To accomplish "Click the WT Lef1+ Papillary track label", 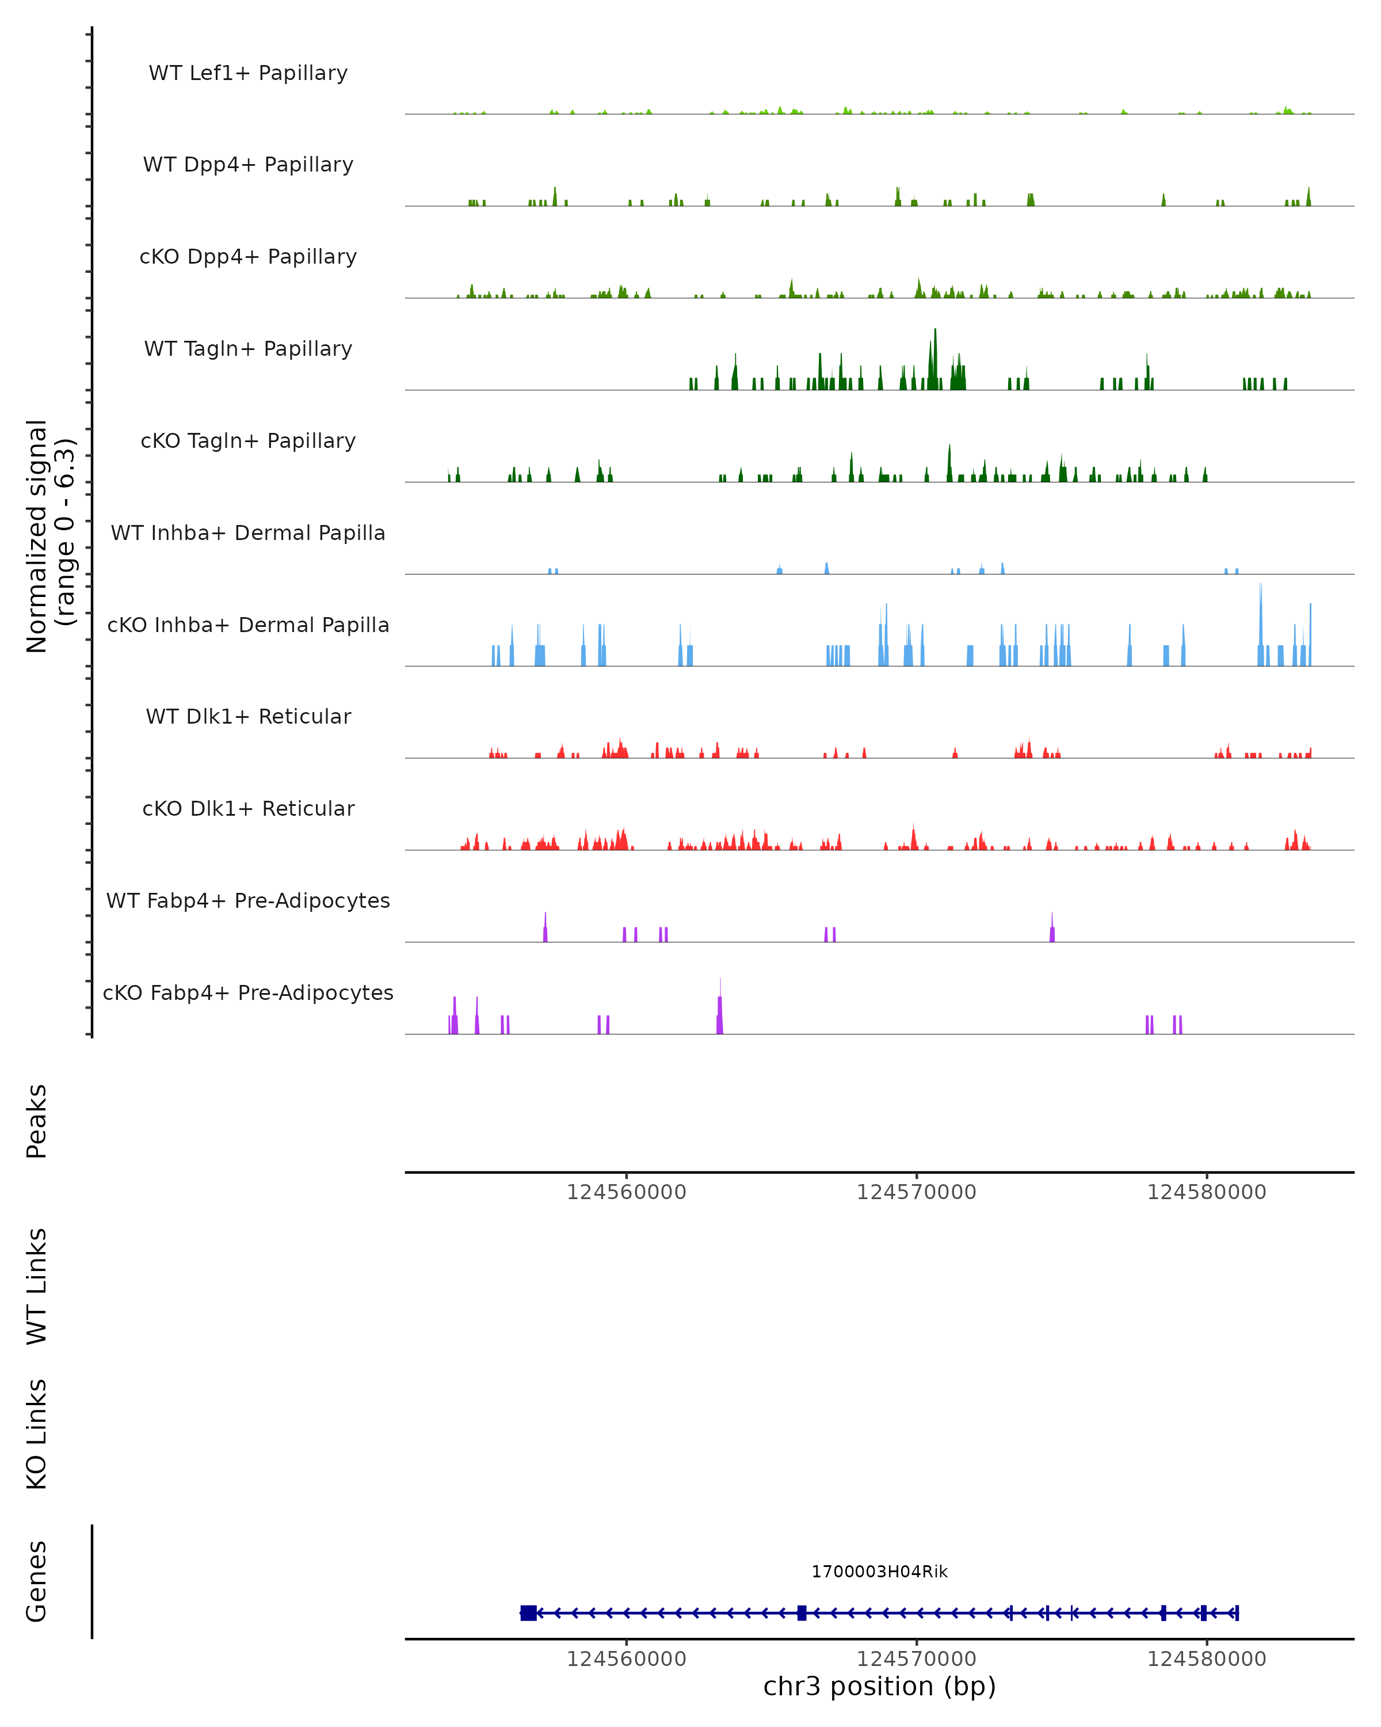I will click(248, 73).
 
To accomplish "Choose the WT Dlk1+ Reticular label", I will click(248, 716).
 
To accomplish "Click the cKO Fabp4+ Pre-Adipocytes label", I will click(248, 992).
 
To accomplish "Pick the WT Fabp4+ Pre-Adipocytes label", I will click(248, 900).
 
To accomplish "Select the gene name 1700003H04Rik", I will click(879, 1572).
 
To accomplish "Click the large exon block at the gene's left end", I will click(528, 1612).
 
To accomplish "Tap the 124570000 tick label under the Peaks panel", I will click(916, 1192).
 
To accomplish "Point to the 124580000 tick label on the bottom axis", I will click(1207, 1659).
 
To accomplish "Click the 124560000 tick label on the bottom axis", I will click(626, 1659).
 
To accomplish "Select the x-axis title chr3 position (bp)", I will click(879, 1687).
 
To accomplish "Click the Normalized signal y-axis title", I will click(49, 535).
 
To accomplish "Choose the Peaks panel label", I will click(37, 1121).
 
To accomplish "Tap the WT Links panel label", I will click(37, 1285).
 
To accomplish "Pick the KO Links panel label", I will click(37, 1434).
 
